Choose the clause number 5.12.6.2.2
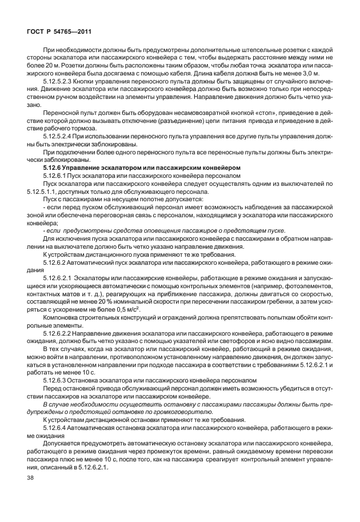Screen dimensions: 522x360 [x=58, y=332]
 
